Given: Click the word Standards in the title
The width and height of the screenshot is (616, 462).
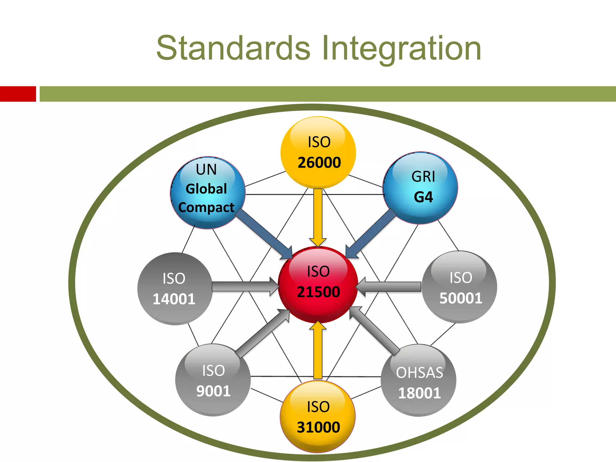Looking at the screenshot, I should [233, 48].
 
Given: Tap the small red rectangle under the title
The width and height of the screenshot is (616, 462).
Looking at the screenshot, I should [18, 94].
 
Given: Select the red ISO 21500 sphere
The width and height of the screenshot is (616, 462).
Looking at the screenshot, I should [318, 284].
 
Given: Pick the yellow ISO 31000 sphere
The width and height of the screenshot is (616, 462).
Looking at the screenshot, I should [318, 417].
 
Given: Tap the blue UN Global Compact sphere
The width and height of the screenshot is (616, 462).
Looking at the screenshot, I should [208, 192].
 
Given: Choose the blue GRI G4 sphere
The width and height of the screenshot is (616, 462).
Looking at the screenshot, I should [420, 188].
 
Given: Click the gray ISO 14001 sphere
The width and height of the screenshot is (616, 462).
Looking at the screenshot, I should [174, 289].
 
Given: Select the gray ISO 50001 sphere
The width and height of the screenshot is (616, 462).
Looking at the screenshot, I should [459, 287].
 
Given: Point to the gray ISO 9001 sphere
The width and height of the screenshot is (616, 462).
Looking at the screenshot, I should [213, 380].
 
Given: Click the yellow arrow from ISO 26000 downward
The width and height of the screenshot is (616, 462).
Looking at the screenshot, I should [318, 217].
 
